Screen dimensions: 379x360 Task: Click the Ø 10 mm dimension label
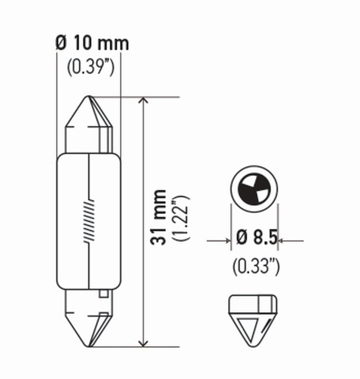pyautogui.click(x=92, y=43)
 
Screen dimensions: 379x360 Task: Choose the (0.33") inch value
pyautogui.click(x=256, y=267)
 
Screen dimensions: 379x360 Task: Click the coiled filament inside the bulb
pyautogui.click(x=90, y=222)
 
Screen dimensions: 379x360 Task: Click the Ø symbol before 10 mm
pyautogui.click(x=61, y=43)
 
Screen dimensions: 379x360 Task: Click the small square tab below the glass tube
pyautogui.click(x=103, y=295)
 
